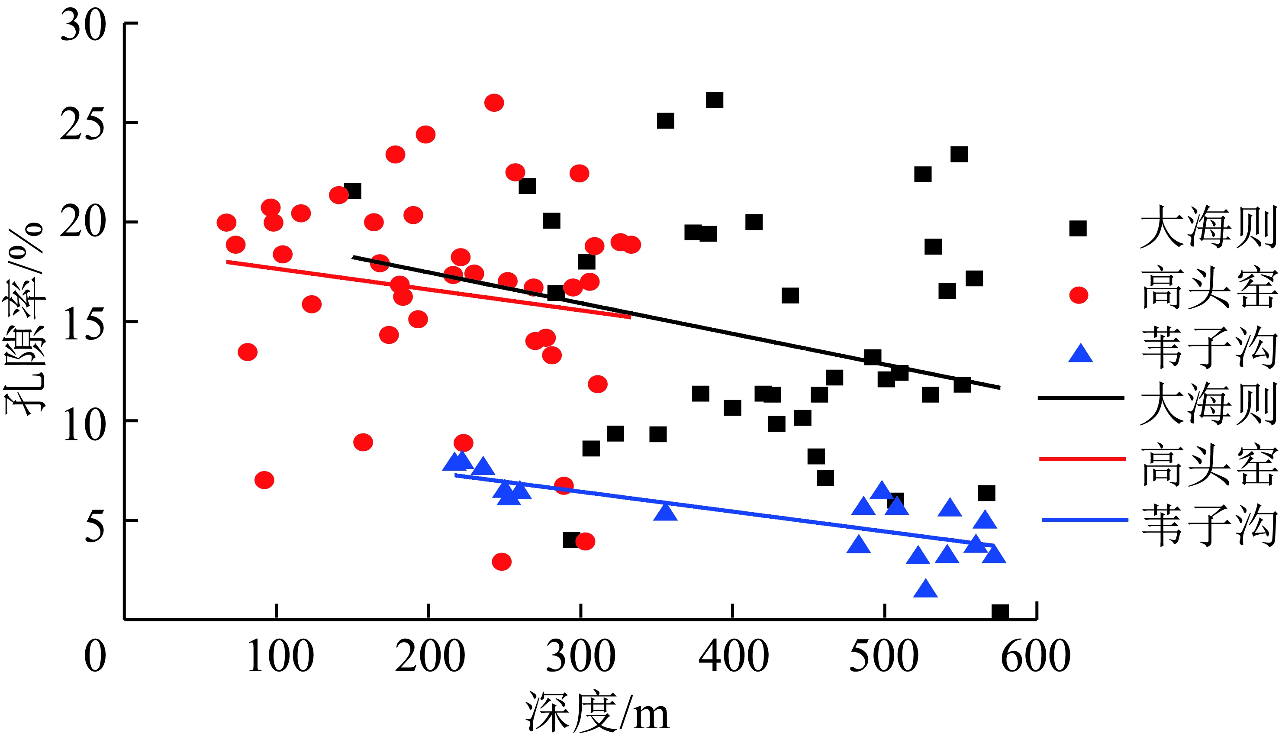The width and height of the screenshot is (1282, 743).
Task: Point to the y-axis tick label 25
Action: (x=82, y=124)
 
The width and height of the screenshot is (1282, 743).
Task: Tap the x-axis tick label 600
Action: (x=1035, y=656)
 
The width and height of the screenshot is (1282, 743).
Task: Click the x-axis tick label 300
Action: (x=580, y=656)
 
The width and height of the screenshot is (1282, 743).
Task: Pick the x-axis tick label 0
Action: (x=95, y=656)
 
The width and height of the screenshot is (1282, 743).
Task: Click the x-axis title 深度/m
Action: (x=597, y=712)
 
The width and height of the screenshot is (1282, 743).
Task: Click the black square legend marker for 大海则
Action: (x=1077, y=229)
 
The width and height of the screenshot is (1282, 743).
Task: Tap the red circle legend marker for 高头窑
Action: (x=1079, y=295)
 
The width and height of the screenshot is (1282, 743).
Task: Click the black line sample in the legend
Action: (x=1081, y=397)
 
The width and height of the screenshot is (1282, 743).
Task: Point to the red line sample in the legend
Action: (x=1082, y=459)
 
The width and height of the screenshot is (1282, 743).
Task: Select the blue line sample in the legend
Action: (x=1084, y=520)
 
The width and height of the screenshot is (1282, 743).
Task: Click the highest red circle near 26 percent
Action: (x=494, y=103)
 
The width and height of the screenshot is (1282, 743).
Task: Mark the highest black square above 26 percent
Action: (x=714, y=100)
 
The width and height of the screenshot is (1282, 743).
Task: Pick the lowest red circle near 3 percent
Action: (x=502, y=562)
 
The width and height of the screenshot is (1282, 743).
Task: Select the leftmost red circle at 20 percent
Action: (x=226, y=223)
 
